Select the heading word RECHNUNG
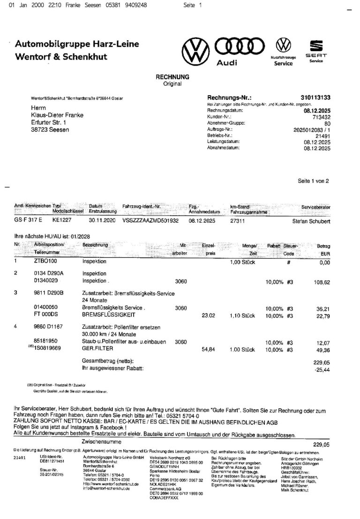pyautogui.click(x=172, y=77)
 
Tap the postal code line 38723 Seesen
pyautogui.click(x=46, y=129)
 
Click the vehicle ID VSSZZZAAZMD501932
pyautogui.click(x=150, y=220)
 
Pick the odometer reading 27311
pyautogui.click(x=238, y=220)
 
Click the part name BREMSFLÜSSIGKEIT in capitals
pyautogui.click(x=107, y=315)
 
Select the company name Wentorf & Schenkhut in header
pyautogui.click(x=61, y=57)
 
